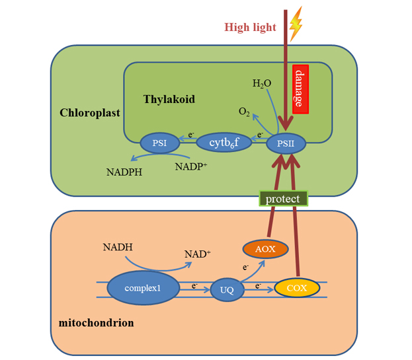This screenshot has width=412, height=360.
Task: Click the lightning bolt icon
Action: (296, 24)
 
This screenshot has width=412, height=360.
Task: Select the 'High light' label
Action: (250, 27)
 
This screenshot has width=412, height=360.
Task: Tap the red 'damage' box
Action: (300, 89)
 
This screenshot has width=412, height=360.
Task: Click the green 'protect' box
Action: (283, 198)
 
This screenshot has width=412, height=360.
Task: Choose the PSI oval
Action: (159, 143)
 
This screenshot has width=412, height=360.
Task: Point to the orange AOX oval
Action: (266, 249)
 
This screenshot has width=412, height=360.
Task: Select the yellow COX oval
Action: (297, 288)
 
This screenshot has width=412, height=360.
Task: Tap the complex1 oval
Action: (143, 288)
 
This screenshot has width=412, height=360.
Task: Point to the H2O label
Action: (262, 84)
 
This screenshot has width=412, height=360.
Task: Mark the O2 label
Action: (244, 112)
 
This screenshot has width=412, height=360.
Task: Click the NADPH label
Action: (124, 172)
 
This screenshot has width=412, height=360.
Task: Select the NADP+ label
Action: (191, 166)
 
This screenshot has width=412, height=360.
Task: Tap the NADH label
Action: (118, 248)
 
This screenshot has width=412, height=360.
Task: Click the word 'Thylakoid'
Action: (169, 99)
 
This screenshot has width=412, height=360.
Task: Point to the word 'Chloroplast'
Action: (90, 112)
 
